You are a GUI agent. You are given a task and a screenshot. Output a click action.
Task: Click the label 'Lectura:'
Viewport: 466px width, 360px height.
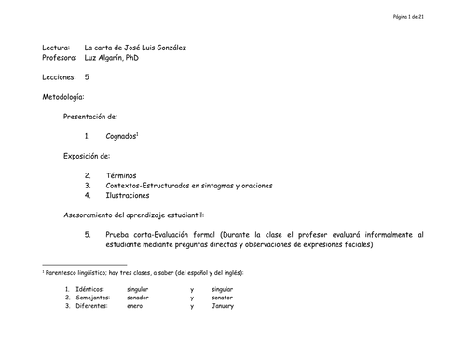coord(57,47)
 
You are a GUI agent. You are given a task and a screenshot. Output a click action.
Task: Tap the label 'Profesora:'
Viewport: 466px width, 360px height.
coord(61,57)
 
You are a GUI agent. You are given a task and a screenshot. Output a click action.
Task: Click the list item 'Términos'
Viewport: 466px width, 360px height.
coord(122,174)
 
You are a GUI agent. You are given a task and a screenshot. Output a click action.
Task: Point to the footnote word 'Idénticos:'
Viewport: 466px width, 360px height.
coord(95,290)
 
